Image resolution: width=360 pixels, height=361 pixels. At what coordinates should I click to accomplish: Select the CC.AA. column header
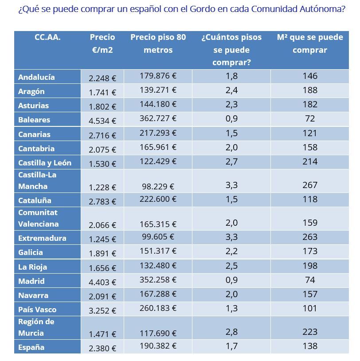click(x=47, y=38)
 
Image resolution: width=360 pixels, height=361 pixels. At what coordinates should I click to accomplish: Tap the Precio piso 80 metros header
click(x=158, y=43)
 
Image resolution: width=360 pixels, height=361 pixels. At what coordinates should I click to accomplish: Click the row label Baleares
click(x=34, y=120)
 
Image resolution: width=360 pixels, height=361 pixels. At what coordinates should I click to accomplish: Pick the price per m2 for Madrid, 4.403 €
click(x=102, y=282)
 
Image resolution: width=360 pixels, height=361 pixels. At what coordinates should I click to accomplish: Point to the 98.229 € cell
click(x=158, y=187)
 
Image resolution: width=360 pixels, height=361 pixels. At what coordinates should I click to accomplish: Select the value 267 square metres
click(x=309, y=185)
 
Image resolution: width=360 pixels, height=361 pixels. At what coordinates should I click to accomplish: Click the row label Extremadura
click(x=42, y=238)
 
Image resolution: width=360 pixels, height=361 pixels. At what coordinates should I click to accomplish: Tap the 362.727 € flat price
click(x=158, y=118)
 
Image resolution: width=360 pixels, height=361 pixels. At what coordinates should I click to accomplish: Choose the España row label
click(x=31, y=347)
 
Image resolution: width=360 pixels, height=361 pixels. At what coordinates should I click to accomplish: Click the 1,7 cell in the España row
click(x=231, y=346)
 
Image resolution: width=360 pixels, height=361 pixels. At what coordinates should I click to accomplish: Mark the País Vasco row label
click(x=37, y=310)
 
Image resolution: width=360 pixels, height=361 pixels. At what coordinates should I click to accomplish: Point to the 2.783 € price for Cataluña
click(x=102, y=201)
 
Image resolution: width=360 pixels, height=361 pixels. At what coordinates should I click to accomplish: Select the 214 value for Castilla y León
click(x=309, y=161)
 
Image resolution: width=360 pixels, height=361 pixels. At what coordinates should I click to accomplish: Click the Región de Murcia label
click(x=36, y=327)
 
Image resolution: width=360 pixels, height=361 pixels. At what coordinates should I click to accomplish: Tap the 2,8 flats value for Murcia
click(x=231, y=332)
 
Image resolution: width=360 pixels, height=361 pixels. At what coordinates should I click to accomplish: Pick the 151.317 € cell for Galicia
click(x=158, y=251)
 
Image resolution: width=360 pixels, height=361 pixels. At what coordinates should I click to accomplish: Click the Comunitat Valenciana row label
click(x=38, y=218)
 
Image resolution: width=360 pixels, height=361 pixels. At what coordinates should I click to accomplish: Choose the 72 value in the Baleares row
click(x=309, y=118)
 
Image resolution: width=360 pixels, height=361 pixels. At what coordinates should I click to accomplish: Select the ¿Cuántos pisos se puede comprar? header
click(x=231, y=50)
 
